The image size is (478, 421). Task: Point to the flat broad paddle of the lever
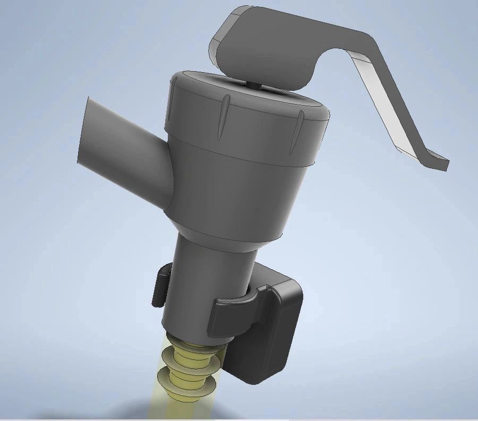(x=266, y=45)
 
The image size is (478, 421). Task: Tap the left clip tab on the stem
(x=160, y=287)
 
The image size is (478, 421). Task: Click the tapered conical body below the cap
(x=239, y=191)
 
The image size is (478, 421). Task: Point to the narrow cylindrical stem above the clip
(x=212, y=260)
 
